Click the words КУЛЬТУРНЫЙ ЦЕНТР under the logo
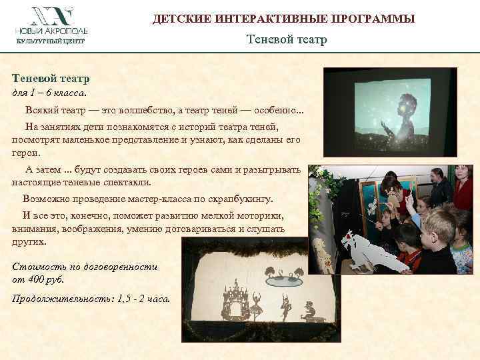pos(50,42)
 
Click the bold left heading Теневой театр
pos(51,79)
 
